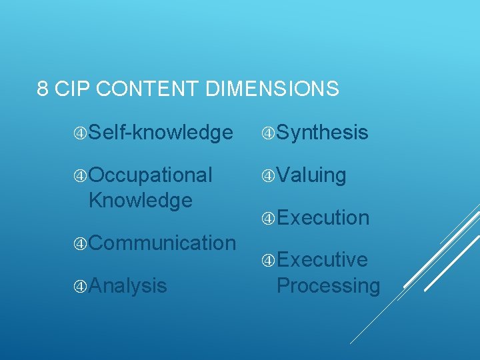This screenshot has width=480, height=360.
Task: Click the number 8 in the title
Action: tap(43, 89)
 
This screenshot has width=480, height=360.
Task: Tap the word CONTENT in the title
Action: tap(143, 89)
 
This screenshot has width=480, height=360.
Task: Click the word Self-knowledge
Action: tap(161, 133)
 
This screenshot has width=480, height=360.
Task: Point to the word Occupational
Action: tap(151, 175)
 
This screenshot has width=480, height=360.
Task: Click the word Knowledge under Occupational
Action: tap(140, 199)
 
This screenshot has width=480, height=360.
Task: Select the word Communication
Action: tap(162, 243)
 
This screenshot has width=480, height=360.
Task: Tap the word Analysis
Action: tap(127, 285)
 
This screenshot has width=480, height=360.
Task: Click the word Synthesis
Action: tap(322, 133)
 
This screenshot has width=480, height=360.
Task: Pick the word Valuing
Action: tap(311, 175)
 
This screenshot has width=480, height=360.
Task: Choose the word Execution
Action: tap(323, 217)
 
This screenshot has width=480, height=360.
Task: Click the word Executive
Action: tap(322, 259)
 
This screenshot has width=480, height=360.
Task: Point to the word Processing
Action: tap(328, 285)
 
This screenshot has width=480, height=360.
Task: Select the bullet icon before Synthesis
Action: tap(269, 133)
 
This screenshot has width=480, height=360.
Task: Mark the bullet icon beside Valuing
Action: tap(269, 175)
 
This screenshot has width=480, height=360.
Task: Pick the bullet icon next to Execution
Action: tap(269, 217)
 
